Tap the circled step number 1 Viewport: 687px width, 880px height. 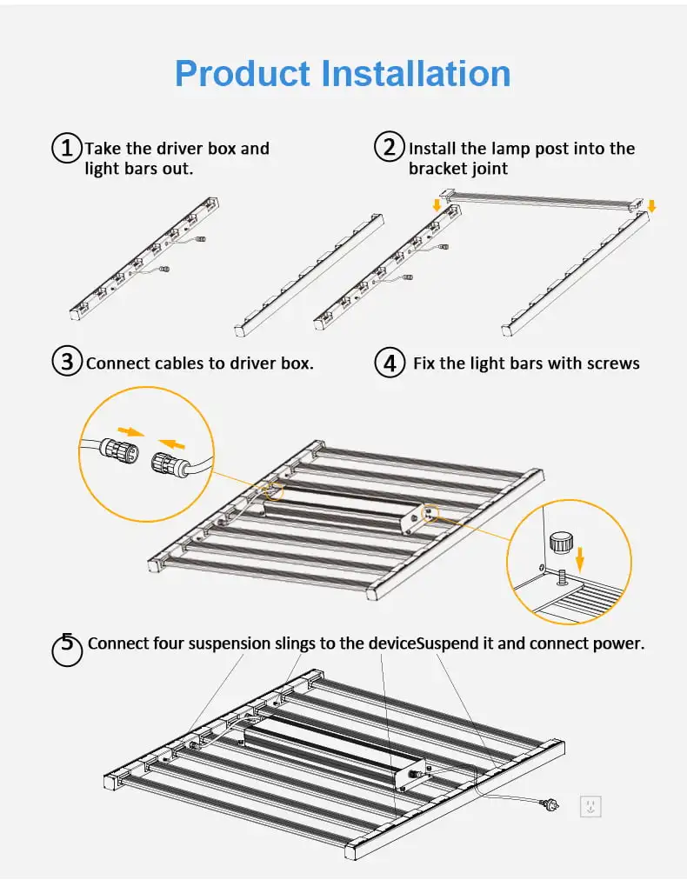(x=66, y=148)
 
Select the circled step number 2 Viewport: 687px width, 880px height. (x=389, y=146)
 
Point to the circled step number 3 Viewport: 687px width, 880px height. (x=67, y=361)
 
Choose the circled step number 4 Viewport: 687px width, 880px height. (x=390, y=362)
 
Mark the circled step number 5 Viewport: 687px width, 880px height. (x=66, y=649)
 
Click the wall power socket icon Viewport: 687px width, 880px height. (x=590, y=806)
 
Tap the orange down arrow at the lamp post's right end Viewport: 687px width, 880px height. (x=652, y=206)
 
